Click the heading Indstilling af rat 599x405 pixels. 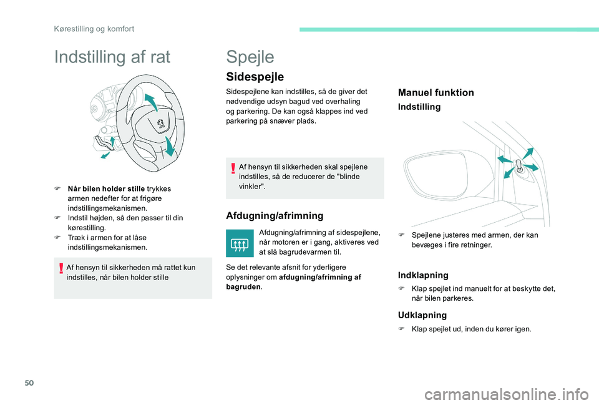coord(112,58)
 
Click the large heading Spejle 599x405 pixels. coord(250,57)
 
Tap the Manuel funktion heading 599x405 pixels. coord(436,92)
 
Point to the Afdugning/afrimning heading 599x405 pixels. coord(275,215)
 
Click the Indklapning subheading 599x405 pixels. coord(423,275)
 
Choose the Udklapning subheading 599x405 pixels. coord(422,315)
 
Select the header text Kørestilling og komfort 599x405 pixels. coord(94,29)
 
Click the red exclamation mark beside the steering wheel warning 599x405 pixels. coord(61,269)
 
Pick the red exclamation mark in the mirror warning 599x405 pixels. coord(233,168)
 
